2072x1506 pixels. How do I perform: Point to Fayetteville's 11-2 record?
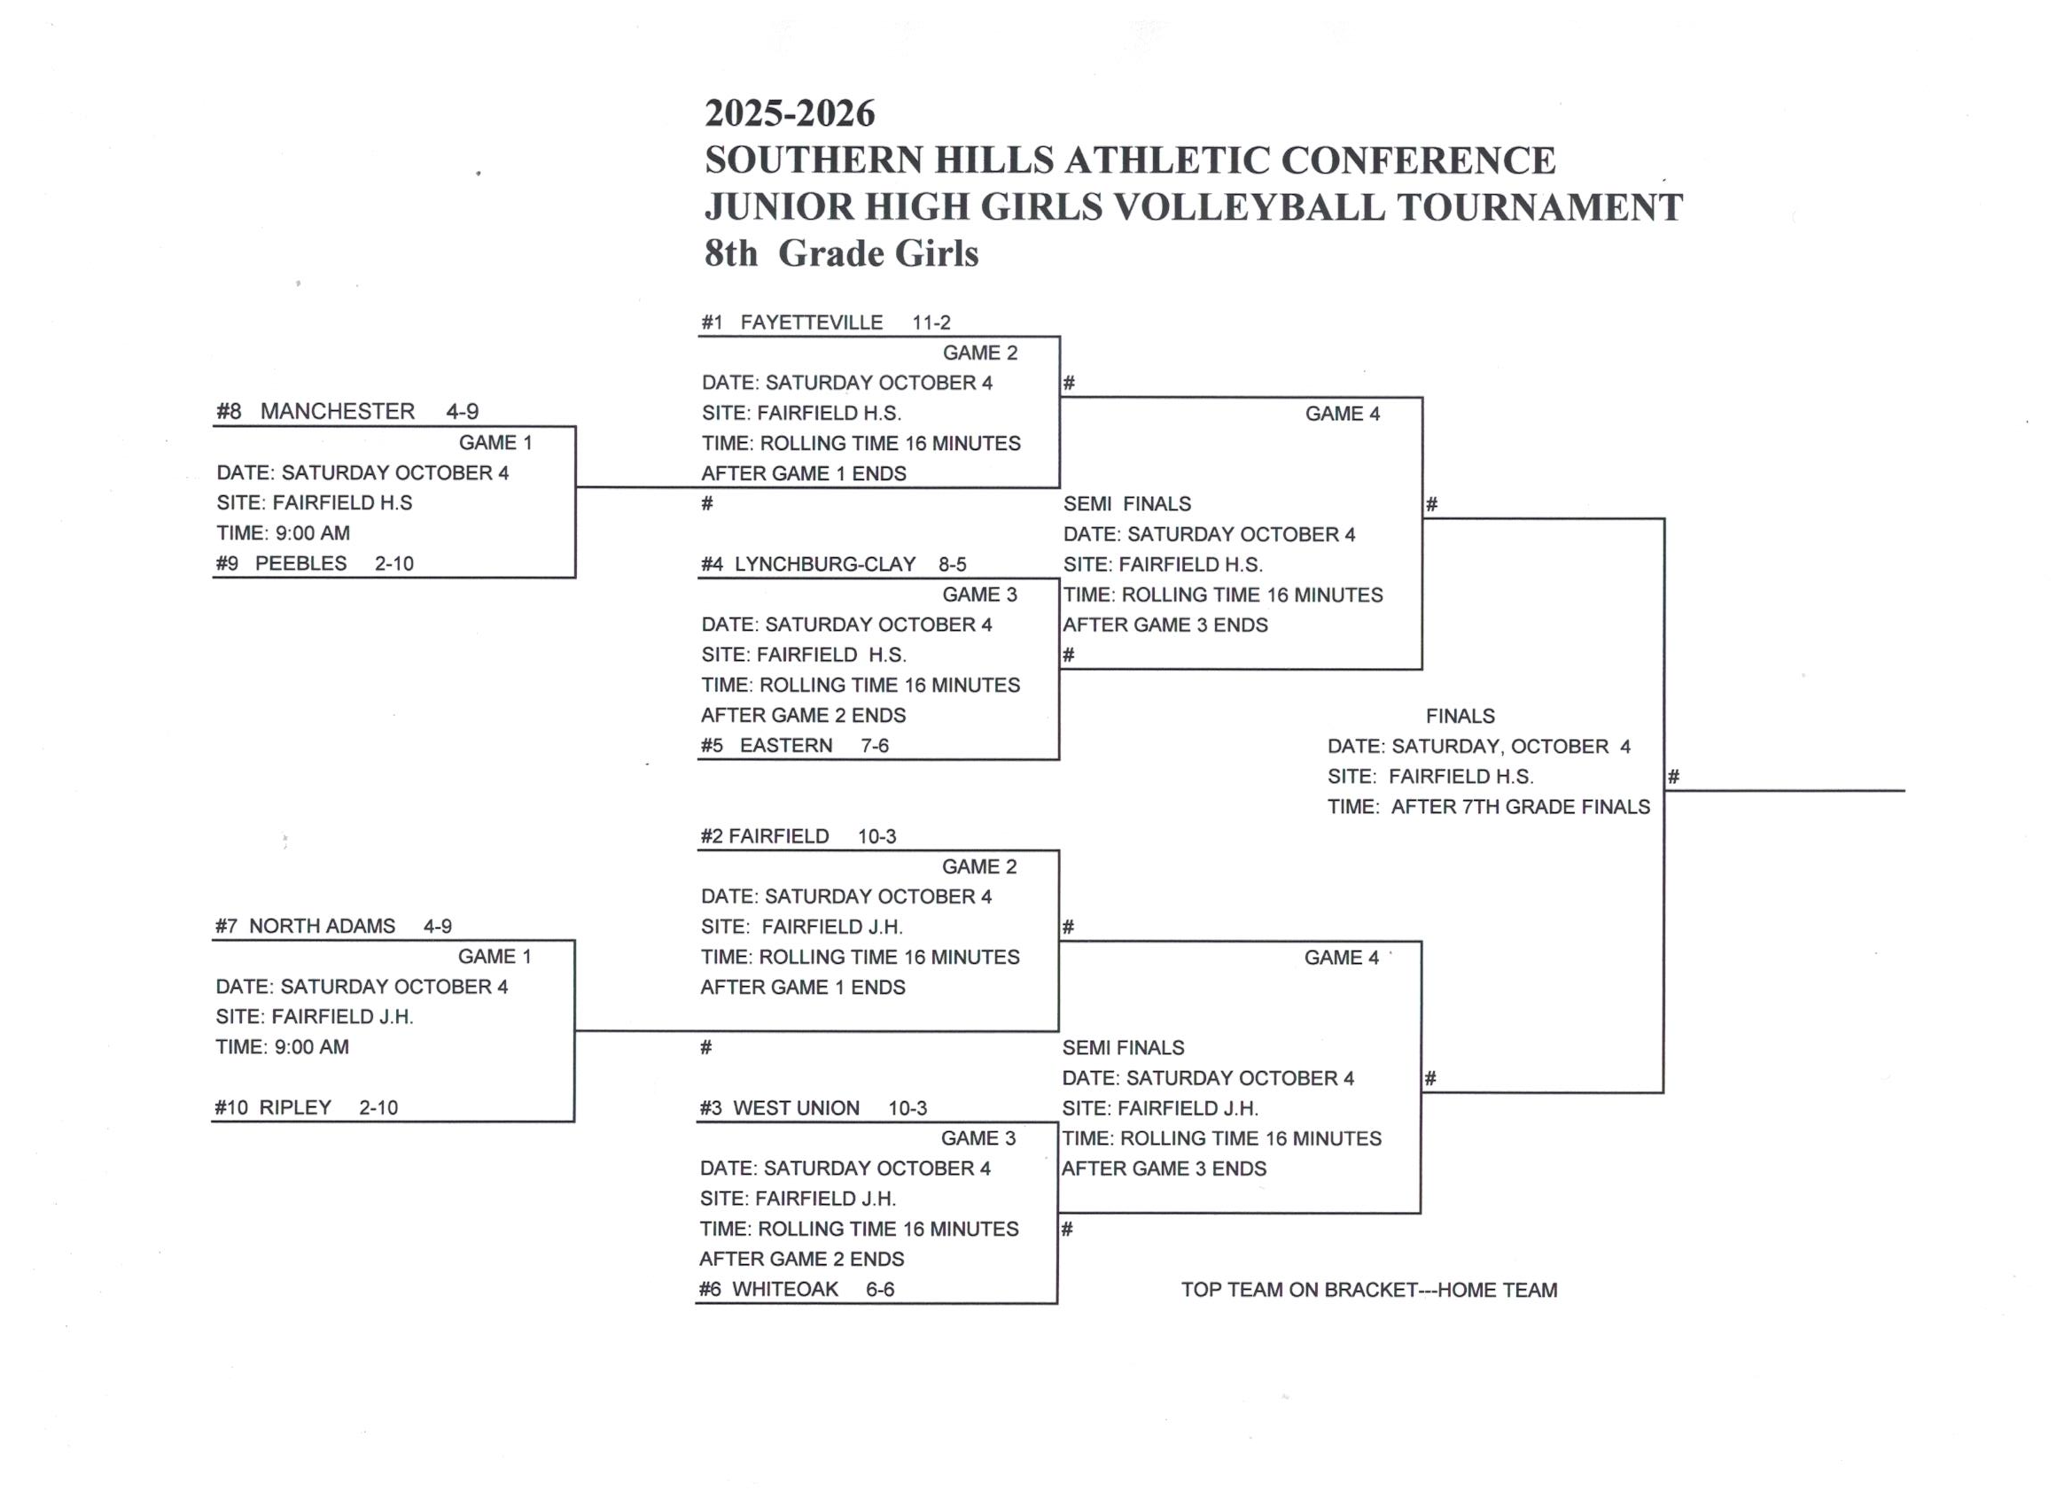pos(931,322)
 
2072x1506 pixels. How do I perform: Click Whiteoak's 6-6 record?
pos(880,1289)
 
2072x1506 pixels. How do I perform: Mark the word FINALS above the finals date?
pos(1460,716)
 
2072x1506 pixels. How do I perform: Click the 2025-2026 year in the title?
pos(790,113)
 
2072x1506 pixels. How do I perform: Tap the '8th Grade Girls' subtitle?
pos(840,253)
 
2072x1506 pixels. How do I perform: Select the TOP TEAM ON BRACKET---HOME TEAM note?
pos(1368,1290)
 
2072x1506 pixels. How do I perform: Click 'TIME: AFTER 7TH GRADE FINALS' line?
pos(1488,806)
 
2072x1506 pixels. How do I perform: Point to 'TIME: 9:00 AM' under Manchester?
pos(284,532)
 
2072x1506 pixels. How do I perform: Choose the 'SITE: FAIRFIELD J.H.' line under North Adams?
pos(315,1016)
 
